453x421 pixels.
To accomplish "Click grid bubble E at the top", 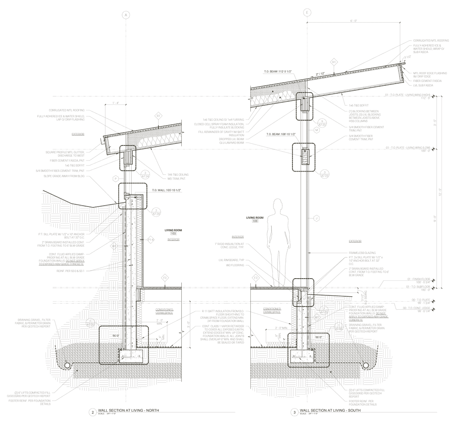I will coord(307,13).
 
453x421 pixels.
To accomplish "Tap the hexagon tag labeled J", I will coord(316,218).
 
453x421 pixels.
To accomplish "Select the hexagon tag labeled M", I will coord(316,130).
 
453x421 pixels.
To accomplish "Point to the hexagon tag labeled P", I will coord(115,179).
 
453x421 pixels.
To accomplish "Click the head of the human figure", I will coord(278,205).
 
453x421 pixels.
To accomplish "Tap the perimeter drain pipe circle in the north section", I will coord(68,365).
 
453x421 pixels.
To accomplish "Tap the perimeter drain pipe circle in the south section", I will coord(366,365).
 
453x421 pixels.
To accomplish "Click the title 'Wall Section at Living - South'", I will coord(330,411).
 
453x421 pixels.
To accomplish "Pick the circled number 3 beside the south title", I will coord(294,413).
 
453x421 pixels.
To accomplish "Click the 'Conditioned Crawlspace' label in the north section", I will coord(164,312).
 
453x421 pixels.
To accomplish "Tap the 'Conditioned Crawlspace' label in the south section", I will coord(272,310).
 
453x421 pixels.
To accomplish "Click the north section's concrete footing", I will coord(131,354).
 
